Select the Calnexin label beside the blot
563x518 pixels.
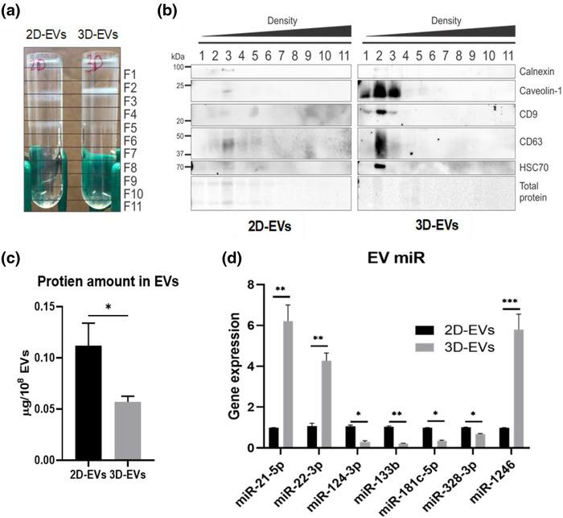[x=534, y=72]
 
